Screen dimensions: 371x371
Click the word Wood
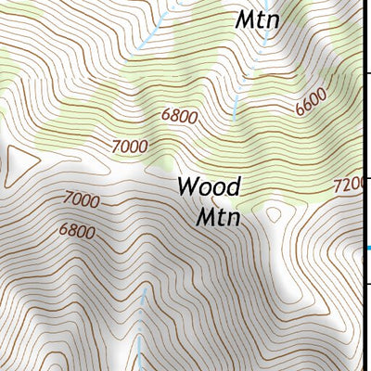209,186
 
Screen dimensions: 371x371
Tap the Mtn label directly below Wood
218,218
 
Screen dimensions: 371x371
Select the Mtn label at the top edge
257,18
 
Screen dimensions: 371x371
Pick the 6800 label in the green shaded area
179,117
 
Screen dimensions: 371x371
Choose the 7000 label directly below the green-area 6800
129,146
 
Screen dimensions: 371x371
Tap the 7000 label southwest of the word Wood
82,198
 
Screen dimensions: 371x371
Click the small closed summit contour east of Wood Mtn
274,215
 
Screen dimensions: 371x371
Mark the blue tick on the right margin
368,247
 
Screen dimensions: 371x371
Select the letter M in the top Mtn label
244,18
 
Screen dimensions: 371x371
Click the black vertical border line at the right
364,139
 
